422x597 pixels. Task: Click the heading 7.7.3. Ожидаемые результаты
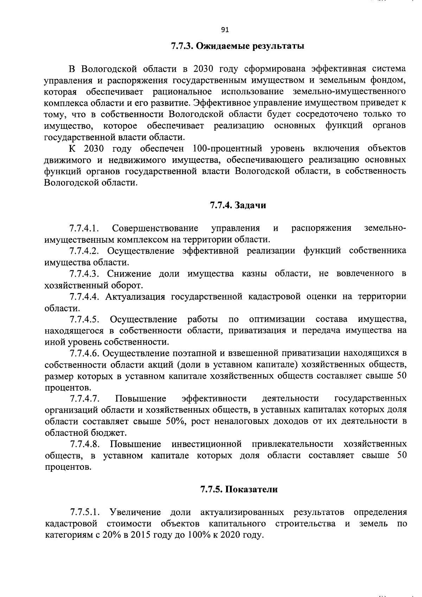coord(237,46)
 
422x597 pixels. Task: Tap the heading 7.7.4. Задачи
coord(238,205)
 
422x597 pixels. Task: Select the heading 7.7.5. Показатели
coord(239,489)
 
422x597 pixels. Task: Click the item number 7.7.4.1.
coord(84,229)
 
